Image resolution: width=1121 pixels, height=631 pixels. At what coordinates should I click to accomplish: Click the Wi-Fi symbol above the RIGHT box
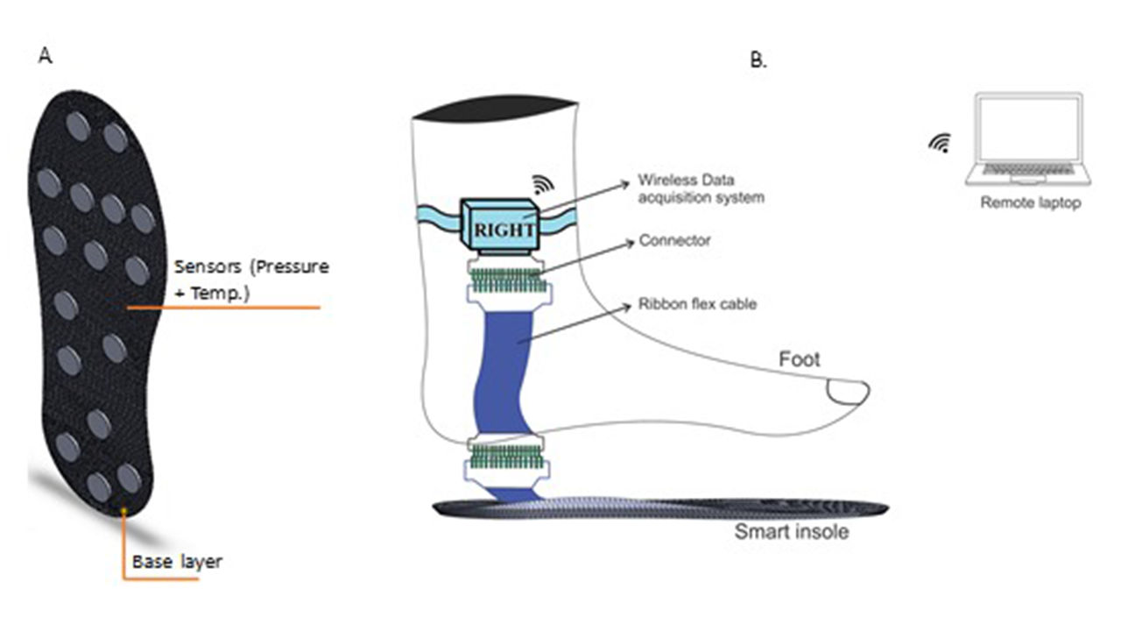[543, 183]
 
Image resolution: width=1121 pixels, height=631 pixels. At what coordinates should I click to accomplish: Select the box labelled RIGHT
[497, 224]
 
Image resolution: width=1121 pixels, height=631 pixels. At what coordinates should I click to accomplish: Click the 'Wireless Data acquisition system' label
[700, 189]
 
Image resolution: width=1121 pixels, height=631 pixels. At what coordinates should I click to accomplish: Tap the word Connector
[674, 240]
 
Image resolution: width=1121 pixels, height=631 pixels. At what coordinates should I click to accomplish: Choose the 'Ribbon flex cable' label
[697, 304]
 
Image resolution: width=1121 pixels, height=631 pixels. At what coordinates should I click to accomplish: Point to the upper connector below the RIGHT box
[505, 280]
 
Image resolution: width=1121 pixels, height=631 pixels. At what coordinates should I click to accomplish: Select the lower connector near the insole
[505, 458]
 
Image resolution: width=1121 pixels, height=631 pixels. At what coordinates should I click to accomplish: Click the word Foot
[800, 359]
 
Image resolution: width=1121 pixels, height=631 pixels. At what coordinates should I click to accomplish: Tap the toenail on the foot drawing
[848, 392]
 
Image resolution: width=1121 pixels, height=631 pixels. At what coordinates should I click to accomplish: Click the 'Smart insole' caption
[791, 531]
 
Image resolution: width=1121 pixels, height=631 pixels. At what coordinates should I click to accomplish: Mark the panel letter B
[758, 60]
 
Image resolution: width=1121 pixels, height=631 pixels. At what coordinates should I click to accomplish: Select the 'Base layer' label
[177, 562]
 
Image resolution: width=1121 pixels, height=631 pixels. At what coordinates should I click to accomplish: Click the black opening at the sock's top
[495, 109]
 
